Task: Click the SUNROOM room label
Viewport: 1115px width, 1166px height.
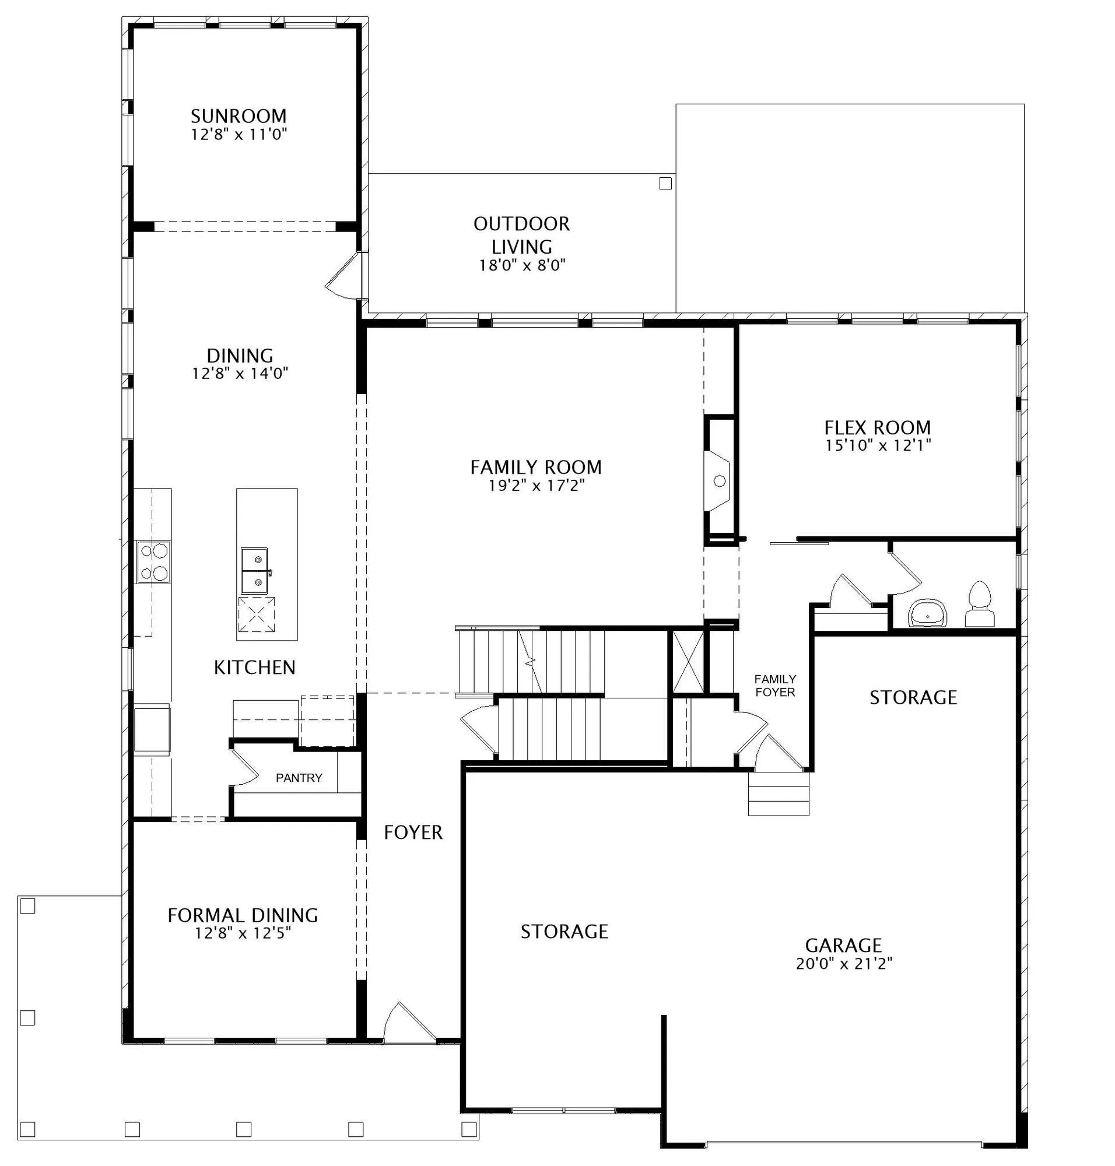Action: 239,115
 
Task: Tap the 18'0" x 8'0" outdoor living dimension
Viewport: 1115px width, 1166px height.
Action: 522,265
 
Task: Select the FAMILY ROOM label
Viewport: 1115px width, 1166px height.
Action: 536,467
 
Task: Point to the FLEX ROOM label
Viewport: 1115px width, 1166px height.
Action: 877,427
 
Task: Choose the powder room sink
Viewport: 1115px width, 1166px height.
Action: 928,613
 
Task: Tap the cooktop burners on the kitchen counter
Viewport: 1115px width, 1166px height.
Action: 154,561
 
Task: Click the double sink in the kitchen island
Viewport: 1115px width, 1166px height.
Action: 254,571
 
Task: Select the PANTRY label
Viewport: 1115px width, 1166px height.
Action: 299,777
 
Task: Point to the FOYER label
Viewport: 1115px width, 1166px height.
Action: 413,833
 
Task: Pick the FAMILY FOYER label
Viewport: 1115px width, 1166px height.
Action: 775,685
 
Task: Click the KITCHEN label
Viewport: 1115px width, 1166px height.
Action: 254,668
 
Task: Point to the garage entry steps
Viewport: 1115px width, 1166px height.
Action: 779,794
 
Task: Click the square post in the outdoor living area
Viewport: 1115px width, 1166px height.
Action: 665,184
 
